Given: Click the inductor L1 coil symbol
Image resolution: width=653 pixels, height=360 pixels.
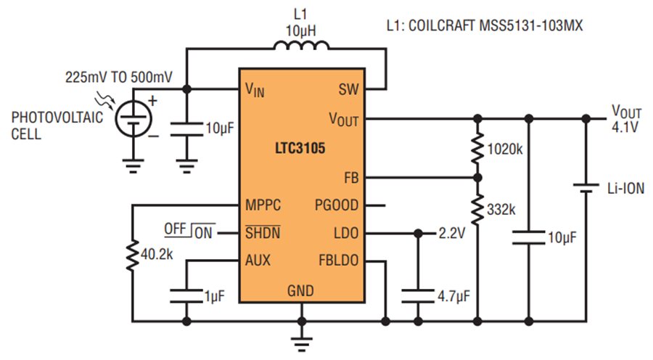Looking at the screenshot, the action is [x=301, y=46].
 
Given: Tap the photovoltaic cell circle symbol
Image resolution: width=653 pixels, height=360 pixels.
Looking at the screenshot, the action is [x=134, y=118].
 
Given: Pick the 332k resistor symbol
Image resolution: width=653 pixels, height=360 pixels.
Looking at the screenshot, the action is [x=477, y=209].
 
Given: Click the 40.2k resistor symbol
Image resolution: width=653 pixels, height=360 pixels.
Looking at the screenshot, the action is [x=133, y=255].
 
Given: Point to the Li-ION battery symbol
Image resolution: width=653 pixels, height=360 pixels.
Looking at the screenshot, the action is [x=586, y=188].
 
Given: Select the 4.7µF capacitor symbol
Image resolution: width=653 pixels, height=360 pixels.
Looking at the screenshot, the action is [x=418, y=295].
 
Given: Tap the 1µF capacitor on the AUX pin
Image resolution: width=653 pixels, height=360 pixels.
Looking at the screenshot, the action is [x=186, y=295].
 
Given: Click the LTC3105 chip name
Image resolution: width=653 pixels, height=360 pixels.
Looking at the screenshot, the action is [x=300, y=148].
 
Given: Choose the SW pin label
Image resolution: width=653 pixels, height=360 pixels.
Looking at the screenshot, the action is [x=348, y=89].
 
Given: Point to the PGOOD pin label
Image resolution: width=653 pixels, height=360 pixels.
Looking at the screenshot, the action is [x=337, y=205].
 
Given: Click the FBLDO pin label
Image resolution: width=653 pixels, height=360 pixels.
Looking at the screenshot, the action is [x=339, y=261].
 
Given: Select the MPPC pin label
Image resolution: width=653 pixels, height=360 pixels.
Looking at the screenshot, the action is [x=263, y=205].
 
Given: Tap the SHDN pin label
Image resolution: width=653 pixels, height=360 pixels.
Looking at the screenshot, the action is [x=263, y=232].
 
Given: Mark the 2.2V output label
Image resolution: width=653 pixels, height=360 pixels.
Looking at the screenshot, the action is [x=452, y=233].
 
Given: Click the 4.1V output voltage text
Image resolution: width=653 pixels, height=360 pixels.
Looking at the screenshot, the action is [x=625, y=127].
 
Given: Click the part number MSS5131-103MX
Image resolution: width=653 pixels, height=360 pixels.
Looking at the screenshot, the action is [x=531, y=26].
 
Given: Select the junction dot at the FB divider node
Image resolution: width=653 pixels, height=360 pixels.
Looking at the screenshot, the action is [x=477, y=178].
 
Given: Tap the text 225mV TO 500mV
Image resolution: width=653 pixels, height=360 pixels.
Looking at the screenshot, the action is [x=119, y=77].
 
